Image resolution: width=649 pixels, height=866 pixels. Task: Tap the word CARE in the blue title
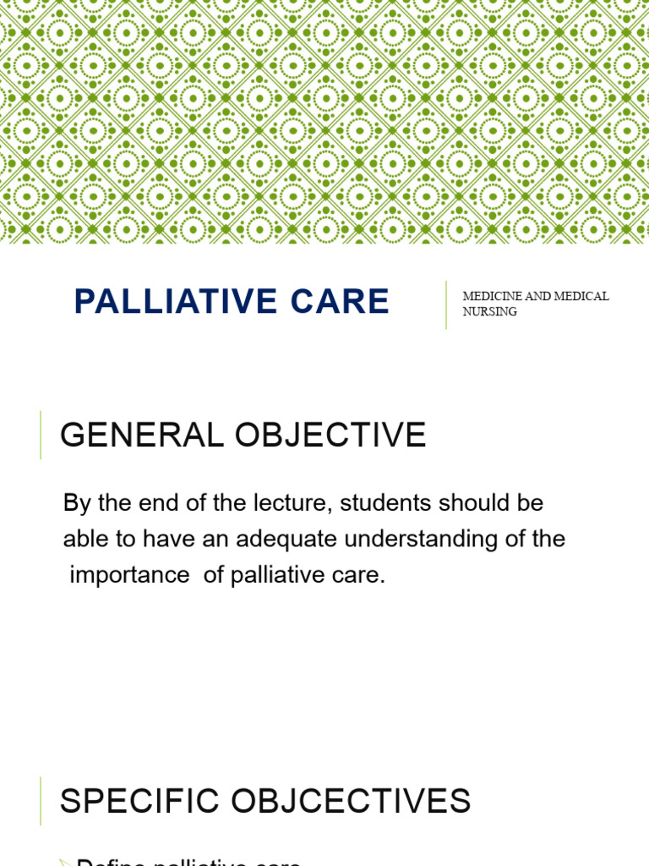346,302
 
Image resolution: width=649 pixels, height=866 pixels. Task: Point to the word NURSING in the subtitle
489,311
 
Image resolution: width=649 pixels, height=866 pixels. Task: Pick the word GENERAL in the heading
128,436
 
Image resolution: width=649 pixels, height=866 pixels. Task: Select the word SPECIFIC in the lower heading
130,800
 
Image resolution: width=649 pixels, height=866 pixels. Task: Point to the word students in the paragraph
367,503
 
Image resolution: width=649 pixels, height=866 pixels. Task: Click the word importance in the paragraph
129,575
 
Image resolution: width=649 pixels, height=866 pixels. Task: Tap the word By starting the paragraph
75,503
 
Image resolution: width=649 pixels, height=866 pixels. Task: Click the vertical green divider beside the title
446,304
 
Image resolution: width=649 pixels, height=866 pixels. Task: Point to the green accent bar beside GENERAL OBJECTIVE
41,435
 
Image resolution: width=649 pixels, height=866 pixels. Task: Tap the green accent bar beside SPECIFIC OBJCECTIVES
41,800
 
